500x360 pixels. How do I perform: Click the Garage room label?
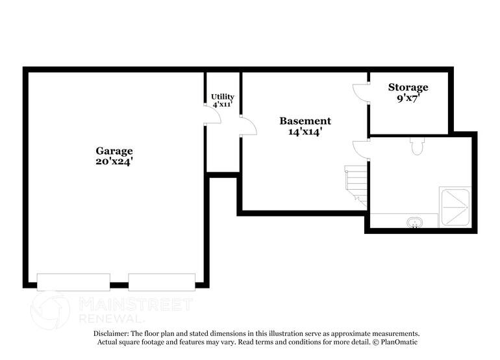(114, 151)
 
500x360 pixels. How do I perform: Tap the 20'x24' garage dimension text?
(114, 162)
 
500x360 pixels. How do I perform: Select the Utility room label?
(223, 97)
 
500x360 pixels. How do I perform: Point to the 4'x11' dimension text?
(222, 104)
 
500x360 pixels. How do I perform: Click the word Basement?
(305, 121)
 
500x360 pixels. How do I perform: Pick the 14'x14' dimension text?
(305, 131)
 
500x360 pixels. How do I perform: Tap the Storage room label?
(408, 87)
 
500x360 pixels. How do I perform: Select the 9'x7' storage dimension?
(408, 98)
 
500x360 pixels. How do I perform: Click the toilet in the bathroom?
(417, 146)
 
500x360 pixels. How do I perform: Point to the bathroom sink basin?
(415, 222)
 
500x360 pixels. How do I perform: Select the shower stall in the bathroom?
(455, 207)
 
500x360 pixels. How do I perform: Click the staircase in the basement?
(356, 186)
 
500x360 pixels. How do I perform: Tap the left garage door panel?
(73, 282)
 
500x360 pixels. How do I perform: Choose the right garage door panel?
(162, 282)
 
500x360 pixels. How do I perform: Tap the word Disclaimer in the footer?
(111, 334)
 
